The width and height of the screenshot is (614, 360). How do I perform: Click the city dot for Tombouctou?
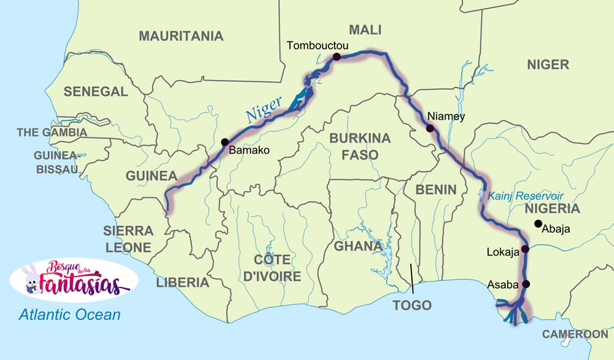click(x=336, y=57)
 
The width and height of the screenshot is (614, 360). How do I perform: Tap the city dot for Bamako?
click(x=225, y=141)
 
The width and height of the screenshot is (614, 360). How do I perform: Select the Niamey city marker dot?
click(x=430, y=128)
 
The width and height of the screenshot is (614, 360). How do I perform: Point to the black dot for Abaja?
click(x=538, y=223)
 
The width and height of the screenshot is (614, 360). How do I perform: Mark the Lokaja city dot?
click(x=525, y=249)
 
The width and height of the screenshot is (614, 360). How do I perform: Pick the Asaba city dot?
click(x=526, y=284)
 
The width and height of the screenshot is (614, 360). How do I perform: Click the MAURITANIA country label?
click(x=181, y=36)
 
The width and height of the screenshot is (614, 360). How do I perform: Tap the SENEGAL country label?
click(x=96, y=92)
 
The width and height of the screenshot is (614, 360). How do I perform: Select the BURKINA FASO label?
click(x=360, y=146)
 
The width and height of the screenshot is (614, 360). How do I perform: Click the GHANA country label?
click(x=359, y=246)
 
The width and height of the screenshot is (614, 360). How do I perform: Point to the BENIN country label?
click(x=436, y=189)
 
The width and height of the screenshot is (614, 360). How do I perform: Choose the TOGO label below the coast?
click(x=412, y=305)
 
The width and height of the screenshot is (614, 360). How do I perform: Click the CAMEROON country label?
click(x=575, y=334)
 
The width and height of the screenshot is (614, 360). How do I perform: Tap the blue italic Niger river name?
click(x=263, y=109)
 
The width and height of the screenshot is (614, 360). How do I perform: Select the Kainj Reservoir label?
click(x=526, y=196)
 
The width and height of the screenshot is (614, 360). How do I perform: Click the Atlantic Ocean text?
click(x=69, y=315)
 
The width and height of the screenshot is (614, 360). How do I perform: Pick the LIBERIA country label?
click(x=182, y=283)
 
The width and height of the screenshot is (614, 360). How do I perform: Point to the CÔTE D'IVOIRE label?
click(x=273, y=268)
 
